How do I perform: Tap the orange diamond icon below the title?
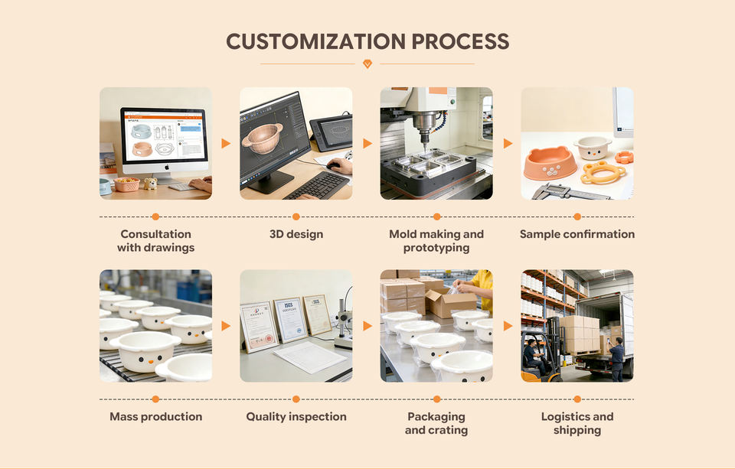point(367,64)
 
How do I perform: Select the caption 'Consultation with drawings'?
point(155,241)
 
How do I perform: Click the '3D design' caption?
point(296,234)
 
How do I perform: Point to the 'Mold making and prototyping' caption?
point(436,241)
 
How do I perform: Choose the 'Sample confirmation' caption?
point(577,234)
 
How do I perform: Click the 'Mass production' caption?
point(155,417)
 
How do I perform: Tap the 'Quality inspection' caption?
point(296,417)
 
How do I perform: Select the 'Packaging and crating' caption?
point(436,423)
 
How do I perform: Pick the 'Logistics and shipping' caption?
point(577,423)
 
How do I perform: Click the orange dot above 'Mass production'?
point(155,399)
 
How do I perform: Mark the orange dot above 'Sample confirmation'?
point(577,217)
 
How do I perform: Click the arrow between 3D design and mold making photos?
point(367,143)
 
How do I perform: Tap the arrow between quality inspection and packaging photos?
point(367,326)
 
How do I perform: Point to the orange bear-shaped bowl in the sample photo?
point(550,163)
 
